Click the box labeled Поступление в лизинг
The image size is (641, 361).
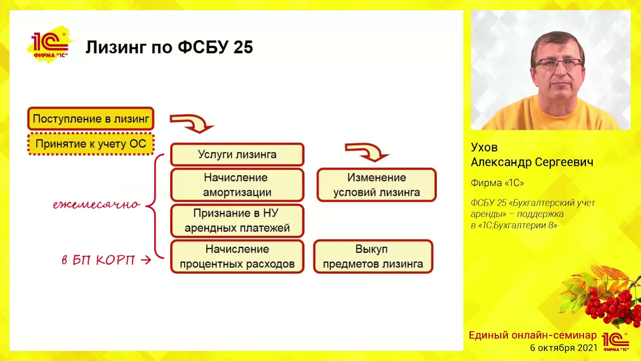(x=91, y=119)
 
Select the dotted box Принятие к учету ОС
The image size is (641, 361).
(x=91, y=144)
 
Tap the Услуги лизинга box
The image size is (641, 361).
(x=237, y=154)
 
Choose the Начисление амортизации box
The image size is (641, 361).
(x=237, y=185)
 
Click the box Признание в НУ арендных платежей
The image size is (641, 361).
(x=237, y=221)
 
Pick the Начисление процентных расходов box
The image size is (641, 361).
(x=237, y=257)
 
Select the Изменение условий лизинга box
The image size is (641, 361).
(x=377, y=185)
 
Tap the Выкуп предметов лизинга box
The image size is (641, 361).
(x=373, y=257)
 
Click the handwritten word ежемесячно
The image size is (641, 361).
(x=97, y=205)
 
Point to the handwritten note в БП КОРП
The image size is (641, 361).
(x=99, y=260)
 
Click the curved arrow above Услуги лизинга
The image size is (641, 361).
(x=192, y=123)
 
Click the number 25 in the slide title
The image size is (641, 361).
(x=242, y=47)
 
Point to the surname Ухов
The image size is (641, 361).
(x=484, y=148)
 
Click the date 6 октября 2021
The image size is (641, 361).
(x=563, y=347)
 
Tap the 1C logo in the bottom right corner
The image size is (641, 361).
(x=615, y=341)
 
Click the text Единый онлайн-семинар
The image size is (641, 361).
(x=532, y=335)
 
